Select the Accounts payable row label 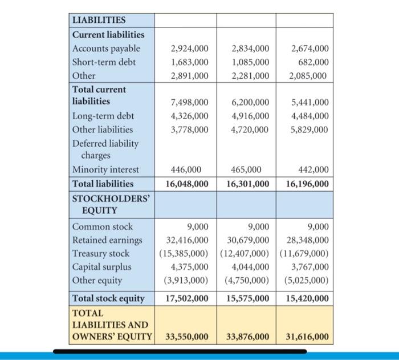(106, 48)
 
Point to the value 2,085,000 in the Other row (308, 75)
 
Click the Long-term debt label (103, 116)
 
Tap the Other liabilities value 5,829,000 (308, 130)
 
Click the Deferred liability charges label (105, 149)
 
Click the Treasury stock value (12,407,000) (246, 253)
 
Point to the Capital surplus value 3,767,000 (308, 267)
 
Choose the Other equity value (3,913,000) (186, 280)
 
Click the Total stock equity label (108, 298)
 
